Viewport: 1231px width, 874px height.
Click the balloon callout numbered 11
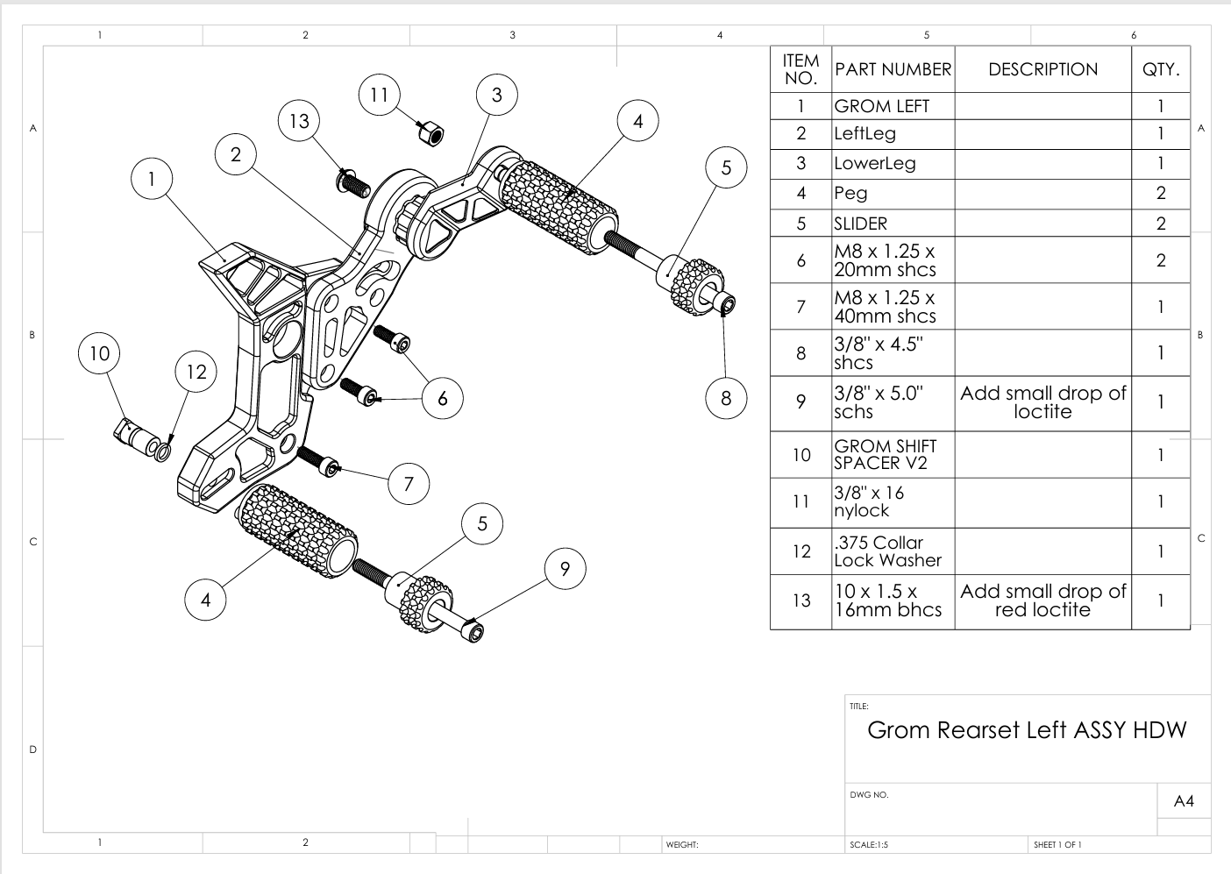[379, 95]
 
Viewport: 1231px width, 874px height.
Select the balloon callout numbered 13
[299, 121]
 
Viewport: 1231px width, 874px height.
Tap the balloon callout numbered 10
[99, 353]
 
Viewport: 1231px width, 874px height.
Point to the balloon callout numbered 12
[196, 372]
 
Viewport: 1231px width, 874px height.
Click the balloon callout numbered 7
[409, 483]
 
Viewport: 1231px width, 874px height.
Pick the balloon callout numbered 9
[565, 569]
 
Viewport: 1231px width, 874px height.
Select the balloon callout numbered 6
[443, 399]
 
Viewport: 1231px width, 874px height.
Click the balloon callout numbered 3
[497, 95]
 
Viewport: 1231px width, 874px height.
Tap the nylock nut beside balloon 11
[430, 134]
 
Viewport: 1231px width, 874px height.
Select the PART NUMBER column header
[892, 69]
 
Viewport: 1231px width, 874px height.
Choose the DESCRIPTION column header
[1042, 69]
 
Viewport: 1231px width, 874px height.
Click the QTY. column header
[1160, 69]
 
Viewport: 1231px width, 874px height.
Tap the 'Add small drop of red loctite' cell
[1042, 600]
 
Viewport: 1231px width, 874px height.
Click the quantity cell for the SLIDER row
[1160, 224]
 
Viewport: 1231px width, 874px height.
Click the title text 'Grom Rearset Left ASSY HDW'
[1026, 730]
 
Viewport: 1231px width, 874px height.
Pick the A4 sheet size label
[1184, 801]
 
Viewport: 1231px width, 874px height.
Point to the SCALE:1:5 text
[869, 845]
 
